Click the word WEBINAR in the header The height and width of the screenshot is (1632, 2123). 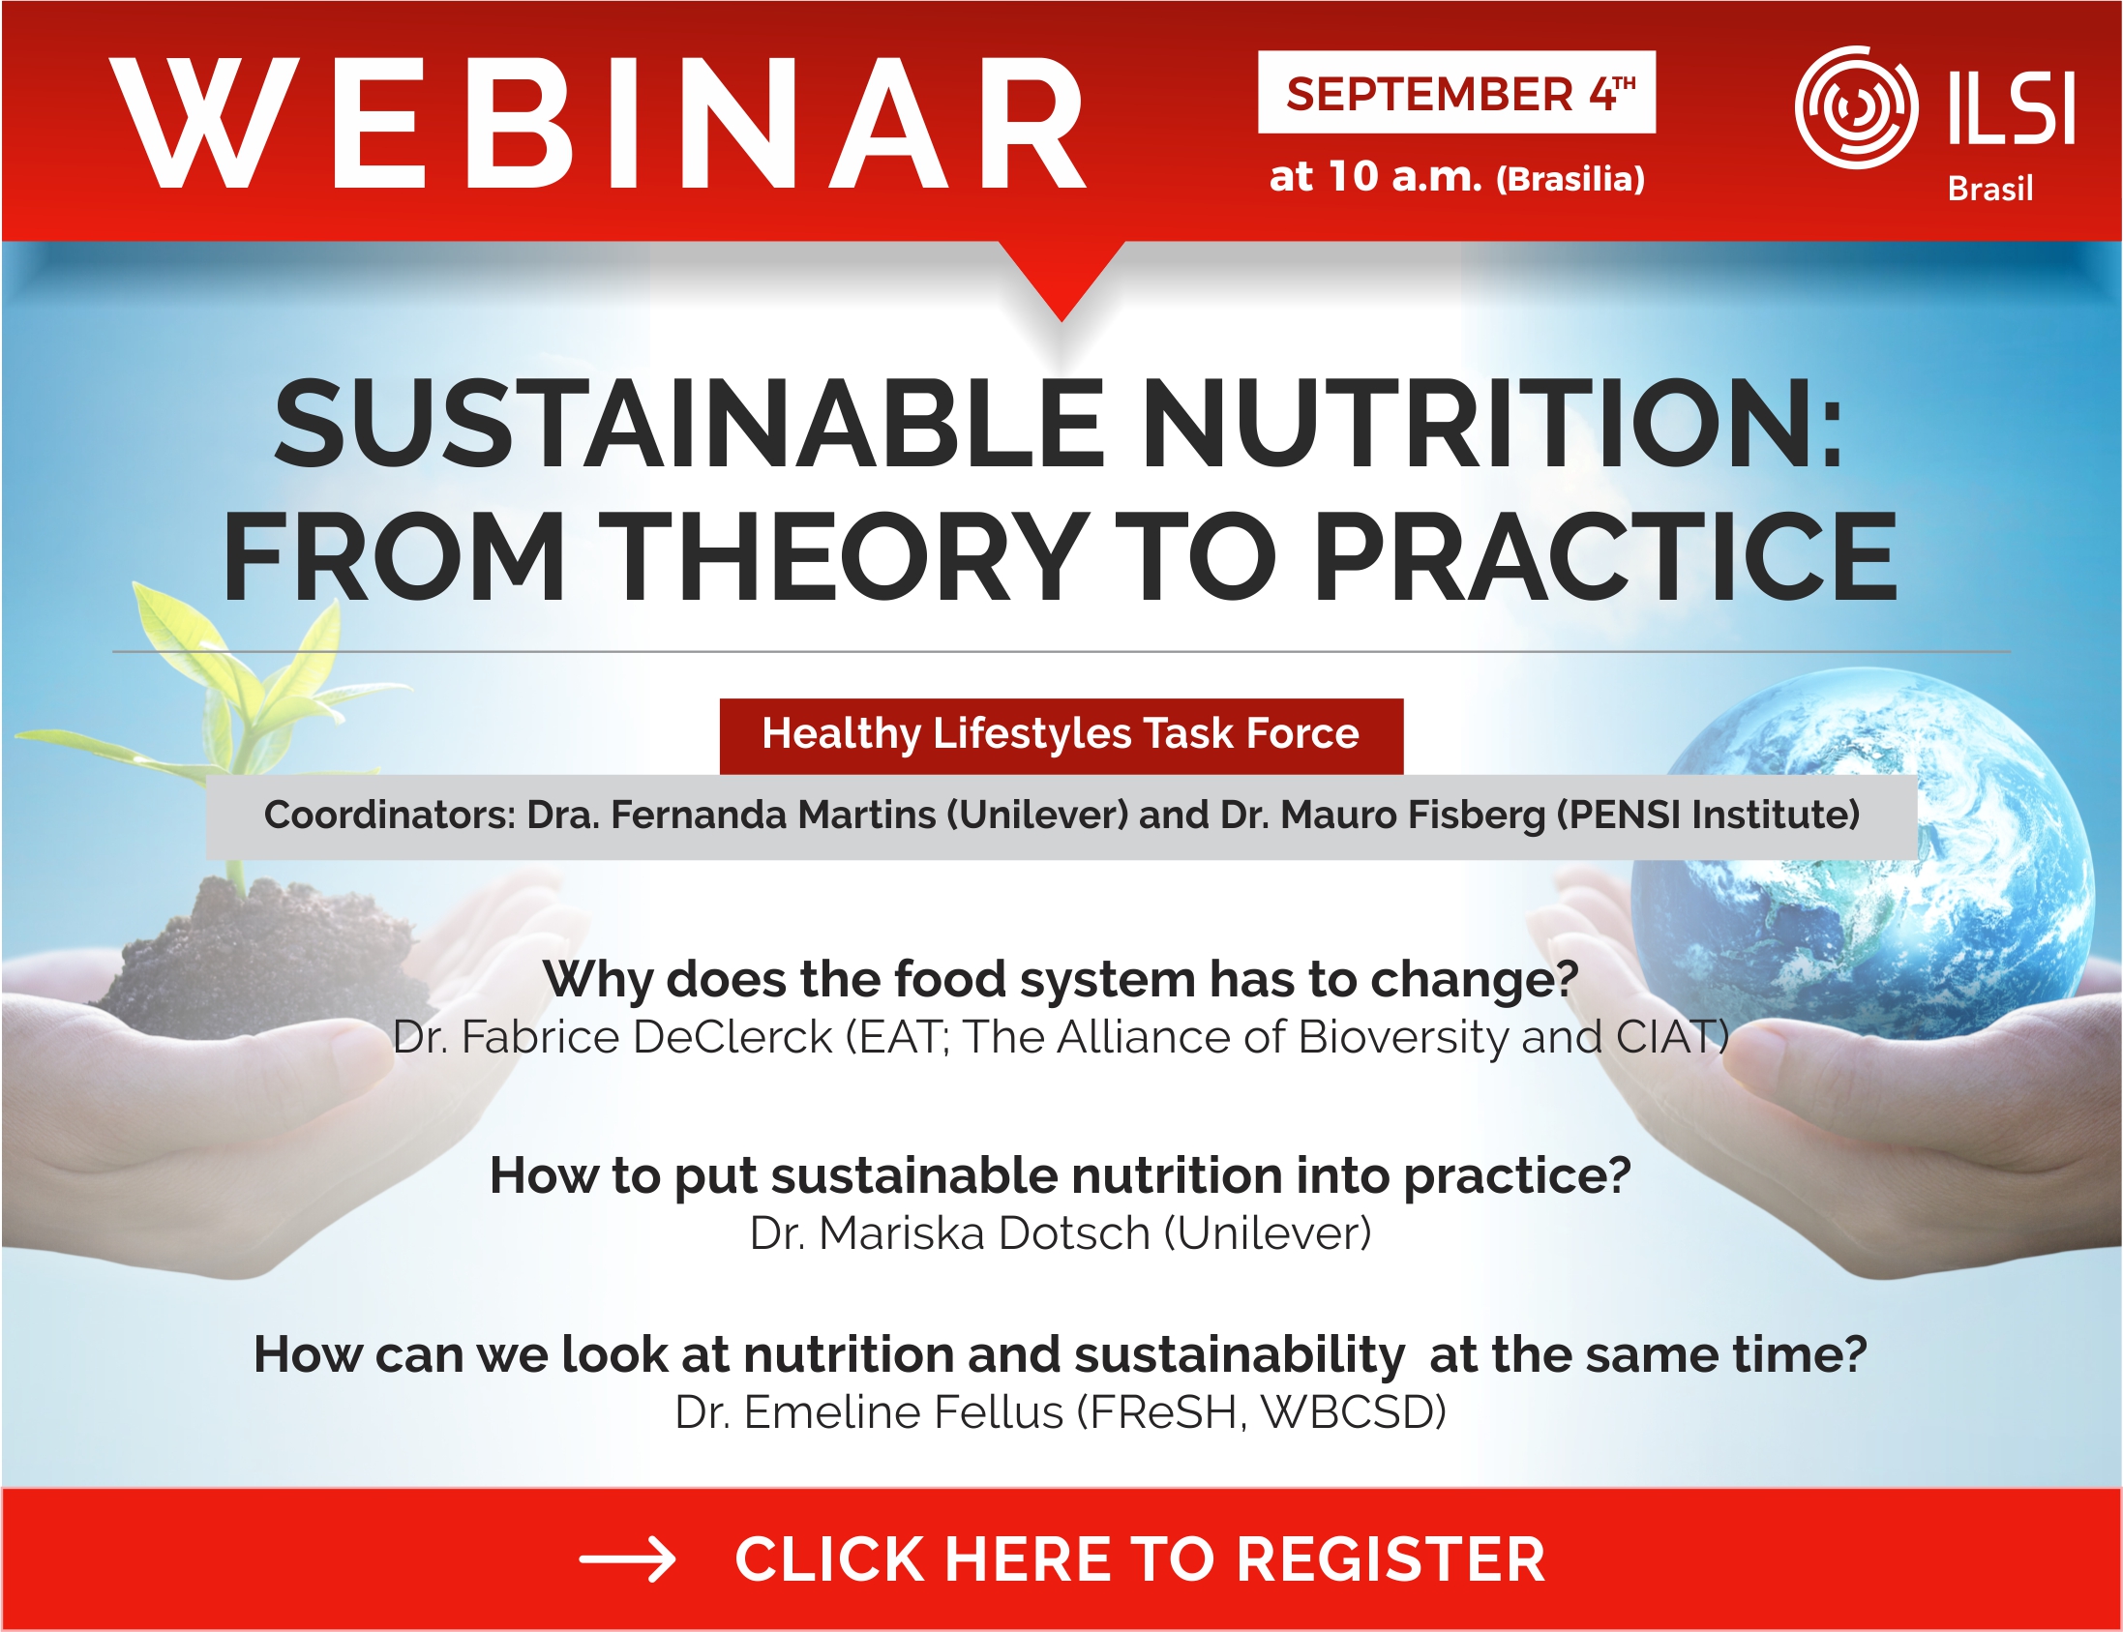[598, 123]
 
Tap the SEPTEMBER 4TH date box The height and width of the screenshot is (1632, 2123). [1456, 91]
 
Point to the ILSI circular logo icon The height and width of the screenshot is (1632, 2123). [1857, 106]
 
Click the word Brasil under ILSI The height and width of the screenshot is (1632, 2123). [1989, 188]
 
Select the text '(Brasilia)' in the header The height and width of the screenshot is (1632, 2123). [1570, 179]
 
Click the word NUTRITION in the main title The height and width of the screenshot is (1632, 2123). [1492, 426]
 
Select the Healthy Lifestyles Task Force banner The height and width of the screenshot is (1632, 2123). [1061, 735]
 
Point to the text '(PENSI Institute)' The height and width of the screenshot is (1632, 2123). [1708, 814]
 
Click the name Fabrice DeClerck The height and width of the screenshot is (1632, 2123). [646, 1037]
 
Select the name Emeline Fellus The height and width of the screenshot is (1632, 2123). [904, 1412]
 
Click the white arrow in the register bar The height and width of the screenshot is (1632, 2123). [627, 1560]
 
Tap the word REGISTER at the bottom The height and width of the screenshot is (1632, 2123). [1390, 1560]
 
